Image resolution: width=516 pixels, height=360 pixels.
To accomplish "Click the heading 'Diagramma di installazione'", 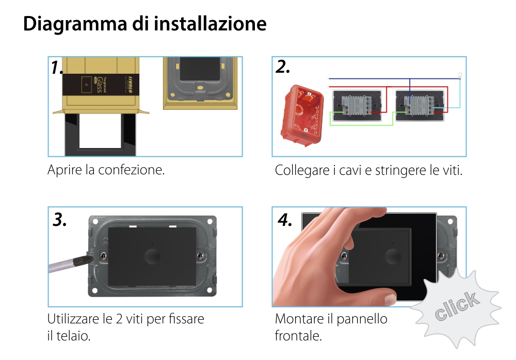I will pos(144,24).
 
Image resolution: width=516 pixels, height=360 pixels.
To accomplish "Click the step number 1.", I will pos(57,68).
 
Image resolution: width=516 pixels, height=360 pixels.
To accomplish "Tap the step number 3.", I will pos(60,220).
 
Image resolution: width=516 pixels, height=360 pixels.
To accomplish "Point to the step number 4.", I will pos(285,220).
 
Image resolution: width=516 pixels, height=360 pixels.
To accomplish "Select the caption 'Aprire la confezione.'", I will pos(106,170).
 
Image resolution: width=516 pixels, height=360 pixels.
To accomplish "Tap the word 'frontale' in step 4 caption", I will pos(298,336).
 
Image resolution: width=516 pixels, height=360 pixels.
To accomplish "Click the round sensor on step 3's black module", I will pos(152,256).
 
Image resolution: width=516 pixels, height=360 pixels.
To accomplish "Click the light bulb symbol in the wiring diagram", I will pos(460,76).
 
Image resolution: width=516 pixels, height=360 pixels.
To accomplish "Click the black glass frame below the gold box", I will pos(100,135).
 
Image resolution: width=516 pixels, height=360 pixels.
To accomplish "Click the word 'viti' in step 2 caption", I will pos(453,171).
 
